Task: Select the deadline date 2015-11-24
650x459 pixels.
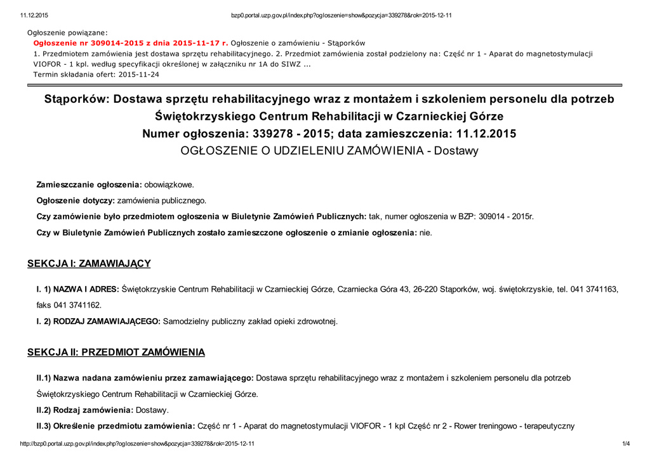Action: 139,74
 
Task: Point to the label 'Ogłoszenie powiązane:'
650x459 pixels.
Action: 67,32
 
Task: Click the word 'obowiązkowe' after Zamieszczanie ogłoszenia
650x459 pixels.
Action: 169,184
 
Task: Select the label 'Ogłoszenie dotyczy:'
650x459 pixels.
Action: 76,200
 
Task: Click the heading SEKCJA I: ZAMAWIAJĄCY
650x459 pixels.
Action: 89,263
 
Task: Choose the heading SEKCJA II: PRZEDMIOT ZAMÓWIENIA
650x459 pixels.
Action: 116,352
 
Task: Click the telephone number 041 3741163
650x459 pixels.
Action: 594,289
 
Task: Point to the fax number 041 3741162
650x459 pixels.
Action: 77,305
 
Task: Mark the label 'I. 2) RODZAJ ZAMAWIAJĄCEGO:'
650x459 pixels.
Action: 98,321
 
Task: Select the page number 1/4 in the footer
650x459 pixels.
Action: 626,444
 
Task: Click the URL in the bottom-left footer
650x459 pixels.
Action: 137,444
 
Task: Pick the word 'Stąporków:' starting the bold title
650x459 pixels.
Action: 76,100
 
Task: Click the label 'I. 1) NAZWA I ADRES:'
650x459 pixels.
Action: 77,289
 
